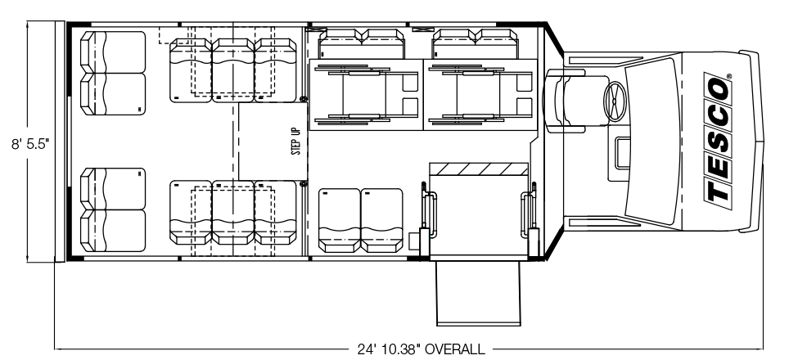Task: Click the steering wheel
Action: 615,101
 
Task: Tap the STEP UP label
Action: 296,142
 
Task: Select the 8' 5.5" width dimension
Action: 30,144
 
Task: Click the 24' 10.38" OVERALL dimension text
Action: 422,349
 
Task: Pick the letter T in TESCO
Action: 716,191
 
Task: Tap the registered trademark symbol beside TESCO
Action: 729,76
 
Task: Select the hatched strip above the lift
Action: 479,169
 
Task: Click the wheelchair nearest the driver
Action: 481,95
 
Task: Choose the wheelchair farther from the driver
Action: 367,95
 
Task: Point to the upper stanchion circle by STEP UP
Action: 304,99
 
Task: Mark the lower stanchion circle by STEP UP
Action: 304,183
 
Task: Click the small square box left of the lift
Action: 414,241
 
